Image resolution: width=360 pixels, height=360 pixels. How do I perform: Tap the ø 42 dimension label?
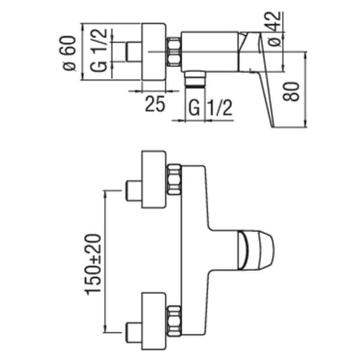(x=275, y=29)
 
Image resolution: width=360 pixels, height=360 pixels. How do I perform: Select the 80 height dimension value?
(x=292, y=92)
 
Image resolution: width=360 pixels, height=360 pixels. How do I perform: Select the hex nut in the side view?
(x=174, y=53)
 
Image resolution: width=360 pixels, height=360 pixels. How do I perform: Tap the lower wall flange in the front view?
(x=154, y=320)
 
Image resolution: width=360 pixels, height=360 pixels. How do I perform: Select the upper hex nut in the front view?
(x=174, y=180)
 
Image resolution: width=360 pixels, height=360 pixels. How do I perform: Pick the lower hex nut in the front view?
(x=174, y=320)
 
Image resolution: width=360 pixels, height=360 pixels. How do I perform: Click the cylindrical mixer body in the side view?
(x=209, y=51)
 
